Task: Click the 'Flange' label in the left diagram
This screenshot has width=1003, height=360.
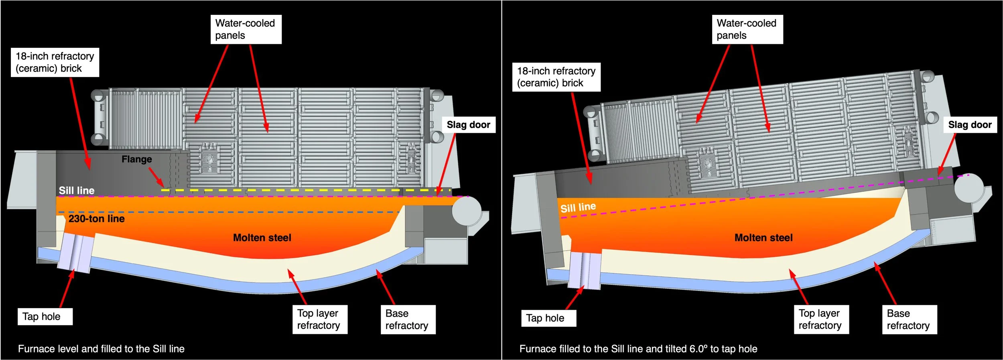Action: click(136, 159)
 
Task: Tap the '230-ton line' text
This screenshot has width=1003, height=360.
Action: click(96, 219)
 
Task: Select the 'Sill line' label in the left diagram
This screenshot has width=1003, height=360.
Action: click(77, 191)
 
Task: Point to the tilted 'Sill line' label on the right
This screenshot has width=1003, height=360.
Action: click(578, 207)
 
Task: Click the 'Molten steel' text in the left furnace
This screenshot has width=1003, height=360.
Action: click(262, 238)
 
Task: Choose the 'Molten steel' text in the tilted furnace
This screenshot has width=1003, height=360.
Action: click(763, 238)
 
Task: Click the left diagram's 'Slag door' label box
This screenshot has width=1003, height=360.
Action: click(468, 125)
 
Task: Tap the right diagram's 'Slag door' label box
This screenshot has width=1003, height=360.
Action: click(970, 125)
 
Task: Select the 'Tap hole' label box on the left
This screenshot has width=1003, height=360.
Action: click(45, 317)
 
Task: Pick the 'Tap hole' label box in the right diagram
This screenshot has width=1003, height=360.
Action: click(548, 318)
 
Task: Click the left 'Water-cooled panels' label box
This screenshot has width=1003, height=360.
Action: click(246, 29)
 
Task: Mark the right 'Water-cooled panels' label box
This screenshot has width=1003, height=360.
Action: click(747, 29)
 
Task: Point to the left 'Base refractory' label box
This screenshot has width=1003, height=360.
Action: click(408, 319)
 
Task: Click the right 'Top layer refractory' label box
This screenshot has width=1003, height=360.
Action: click(821, 319)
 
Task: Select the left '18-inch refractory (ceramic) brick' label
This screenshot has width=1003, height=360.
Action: click(55, 62)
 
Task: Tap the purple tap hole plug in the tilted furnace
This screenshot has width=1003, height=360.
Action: click(585, 270)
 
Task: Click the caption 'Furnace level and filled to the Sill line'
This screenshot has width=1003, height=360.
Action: click(101, 349)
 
